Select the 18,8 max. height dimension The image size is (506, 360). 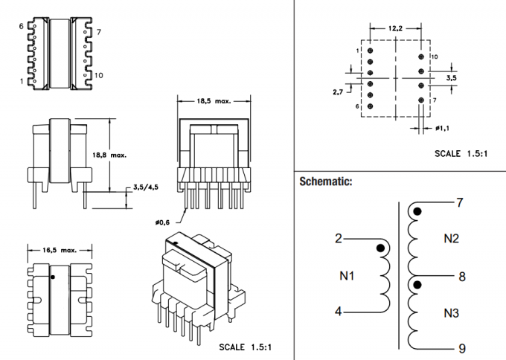pos(109,156)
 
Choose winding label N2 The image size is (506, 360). pos(451,239)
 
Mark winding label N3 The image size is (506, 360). pos(451,312)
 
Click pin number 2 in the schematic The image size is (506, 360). pos(339,239)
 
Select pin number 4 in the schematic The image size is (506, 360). pos(339,312)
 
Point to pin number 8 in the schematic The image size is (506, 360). pos(461,276)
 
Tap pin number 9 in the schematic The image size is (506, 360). pos(461,347)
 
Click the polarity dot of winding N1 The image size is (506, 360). pos(380,248)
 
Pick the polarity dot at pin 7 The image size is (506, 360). pos(417,212)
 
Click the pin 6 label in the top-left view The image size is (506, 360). pos(22,26)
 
